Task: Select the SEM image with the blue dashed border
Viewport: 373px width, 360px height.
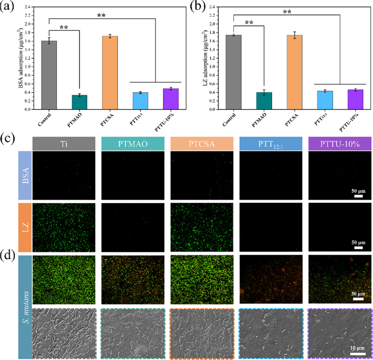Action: (271, 333)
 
